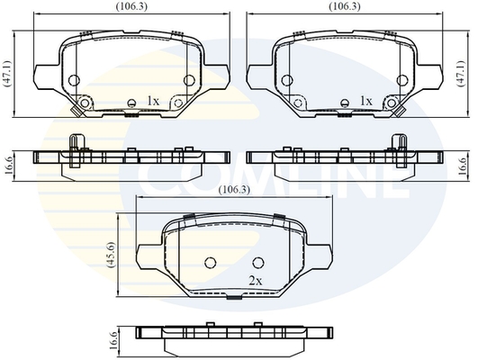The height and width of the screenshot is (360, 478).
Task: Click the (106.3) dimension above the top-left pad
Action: [x=131, y=6]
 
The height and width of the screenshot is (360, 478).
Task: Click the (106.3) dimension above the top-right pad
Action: [x=345, y=6]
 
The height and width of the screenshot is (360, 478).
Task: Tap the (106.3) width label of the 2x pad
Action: [x=234, y=190]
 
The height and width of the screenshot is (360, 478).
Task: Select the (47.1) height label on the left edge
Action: [x=7, y=74]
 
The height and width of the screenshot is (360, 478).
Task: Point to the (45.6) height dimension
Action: [x=111, y=255]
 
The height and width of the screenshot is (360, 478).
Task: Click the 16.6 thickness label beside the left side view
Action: [x=8, y=166]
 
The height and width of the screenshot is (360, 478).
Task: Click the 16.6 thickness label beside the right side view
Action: [x=463, y=166]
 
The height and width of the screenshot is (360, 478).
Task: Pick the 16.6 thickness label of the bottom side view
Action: [x=113, y=341]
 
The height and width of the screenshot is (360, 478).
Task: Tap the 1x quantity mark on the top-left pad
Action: [x=153, y=101]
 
